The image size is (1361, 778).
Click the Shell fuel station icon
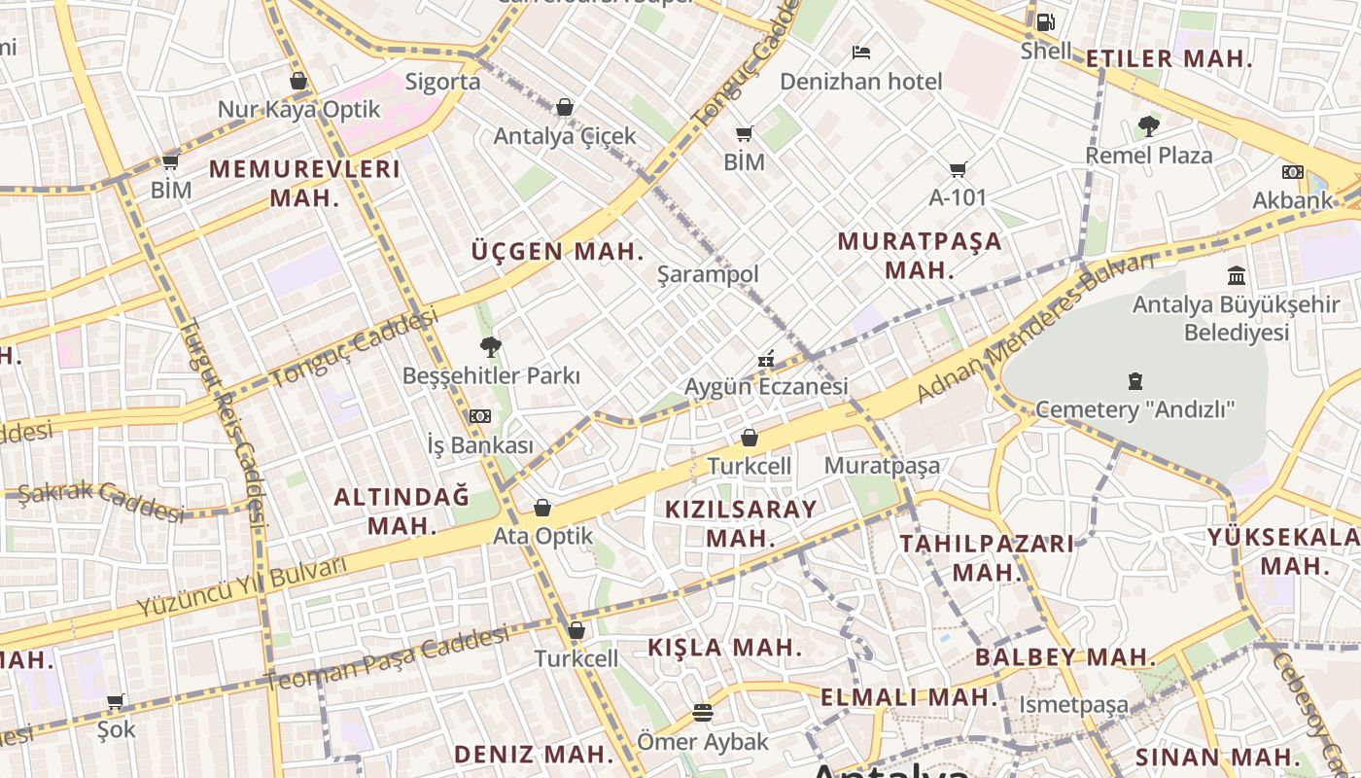pos(1045,21)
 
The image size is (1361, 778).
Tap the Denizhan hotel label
pos(860,82)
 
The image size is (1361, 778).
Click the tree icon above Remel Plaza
pos(1148,125)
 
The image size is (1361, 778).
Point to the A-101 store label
pos(958,197)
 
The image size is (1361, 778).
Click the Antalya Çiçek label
pos(565,136)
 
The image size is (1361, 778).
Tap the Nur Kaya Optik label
pos(298,109)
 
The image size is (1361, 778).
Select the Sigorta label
pos(442,82)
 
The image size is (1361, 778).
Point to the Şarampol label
pos(708,274)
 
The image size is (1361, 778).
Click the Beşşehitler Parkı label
pos(491,375)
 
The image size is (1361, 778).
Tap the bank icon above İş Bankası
pos(480,416)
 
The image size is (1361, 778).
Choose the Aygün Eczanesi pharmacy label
pos(766,386)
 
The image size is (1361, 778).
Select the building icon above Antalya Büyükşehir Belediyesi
pos(1237,275)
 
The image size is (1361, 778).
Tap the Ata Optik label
pos(542,536)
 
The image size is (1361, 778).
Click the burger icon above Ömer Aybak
pos(703,714)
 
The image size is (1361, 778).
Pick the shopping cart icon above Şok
pos(116,701)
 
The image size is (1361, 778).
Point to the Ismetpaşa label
pos(1073,704)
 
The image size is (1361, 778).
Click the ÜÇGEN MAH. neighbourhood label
pos(558,251)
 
